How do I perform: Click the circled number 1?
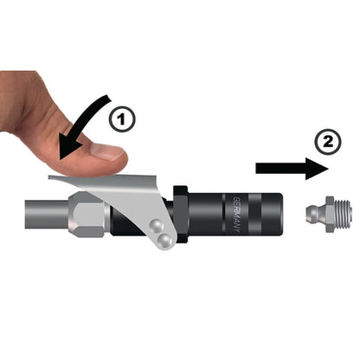pyautogui.click(x=122, y=119)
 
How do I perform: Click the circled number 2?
pyautogui.click(x=327, y=142)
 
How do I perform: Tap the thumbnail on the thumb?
pyautogui.click(x=108, y=151)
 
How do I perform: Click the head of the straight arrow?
pyautogui.click(x=318, y=169)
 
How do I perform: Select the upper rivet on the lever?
pyautogui.click(x=157, y=226)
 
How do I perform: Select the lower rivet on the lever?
pyautogui.click(x=165, y=239)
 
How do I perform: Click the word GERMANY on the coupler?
pyautogui.click(x=237, y=215)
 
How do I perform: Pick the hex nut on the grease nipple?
pyautogui.click(x=330, y=215)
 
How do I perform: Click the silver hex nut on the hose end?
pyautogui.click(x=87, y=215)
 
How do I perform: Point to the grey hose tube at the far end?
pyautogui.click(x=47, y=214)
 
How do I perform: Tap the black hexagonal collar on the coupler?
pyautogui.click(x=181, y=215)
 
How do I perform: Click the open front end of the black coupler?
pyautogui.click(x=280, y=215)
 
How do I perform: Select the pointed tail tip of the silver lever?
pyautogui.click(x=49, y=177)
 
